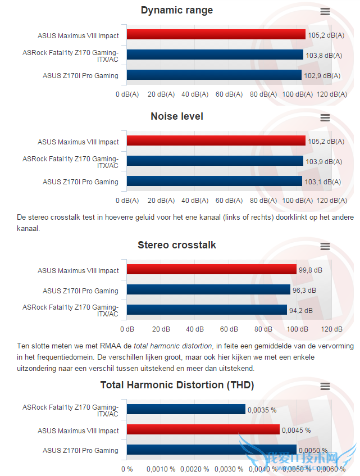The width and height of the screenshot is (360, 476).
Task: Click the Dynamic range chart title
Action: coord(177,10)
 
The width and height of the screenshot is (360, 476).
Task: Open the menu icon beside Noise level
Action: coord(325,117)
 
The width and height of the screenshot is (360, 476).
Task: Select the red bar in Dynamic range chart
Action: coord(216,35)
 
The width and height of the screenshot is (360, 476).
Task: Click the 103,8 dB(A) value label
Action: coord(323,55)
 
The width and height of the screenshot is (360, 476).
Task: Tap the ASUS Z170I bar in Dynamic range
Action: coord(214,75)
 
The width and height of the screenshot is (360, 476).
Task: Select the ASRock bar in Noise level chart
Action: coord(215,161)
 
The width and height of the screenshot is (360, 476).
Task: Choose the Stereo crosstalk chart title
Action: coord(177,245)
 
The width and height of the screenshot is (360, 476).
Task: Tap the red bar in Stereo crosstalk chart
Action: coord(212,270)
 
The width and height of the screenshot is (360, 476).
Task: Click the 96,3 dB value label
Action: coord(304,291)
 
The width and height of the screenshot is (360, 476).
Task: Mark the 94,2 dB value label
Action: coord(300,310)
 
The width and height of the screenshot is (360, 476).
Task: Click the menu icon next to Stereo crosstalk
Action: coord(325,246)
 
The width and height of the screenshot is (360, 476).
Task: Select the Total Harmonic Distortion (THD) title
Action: coord(177,385)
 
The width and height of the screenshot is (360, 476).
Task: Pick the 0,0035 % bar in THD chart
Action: coord(186,410)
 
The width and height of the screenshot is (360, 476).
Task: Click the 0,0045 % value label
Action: coord(296,430)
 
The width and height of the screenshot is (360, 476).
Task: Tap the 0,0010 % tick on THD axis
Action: coord(161,469)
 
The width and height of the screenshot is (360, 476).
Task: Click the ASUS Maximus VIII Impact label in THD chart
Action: coord(78,430)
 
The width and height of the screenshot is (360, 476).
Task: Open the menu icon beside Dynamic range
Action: coord(325,11)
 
